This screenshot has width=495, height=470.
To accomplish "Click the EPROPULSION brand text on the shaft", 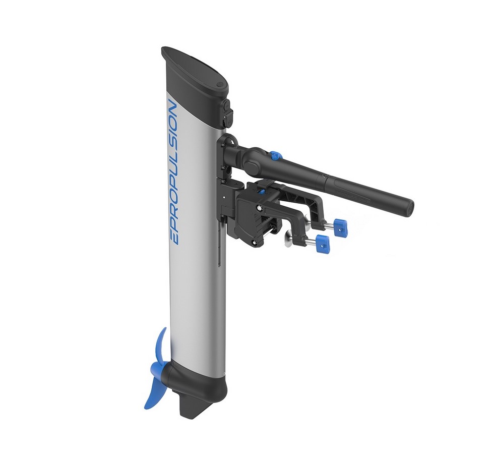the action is pyautogui.click(x=173, y=172).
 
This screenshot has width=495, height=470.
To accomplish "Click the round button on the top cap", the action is pyautogui.click(x=220, y=85).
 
